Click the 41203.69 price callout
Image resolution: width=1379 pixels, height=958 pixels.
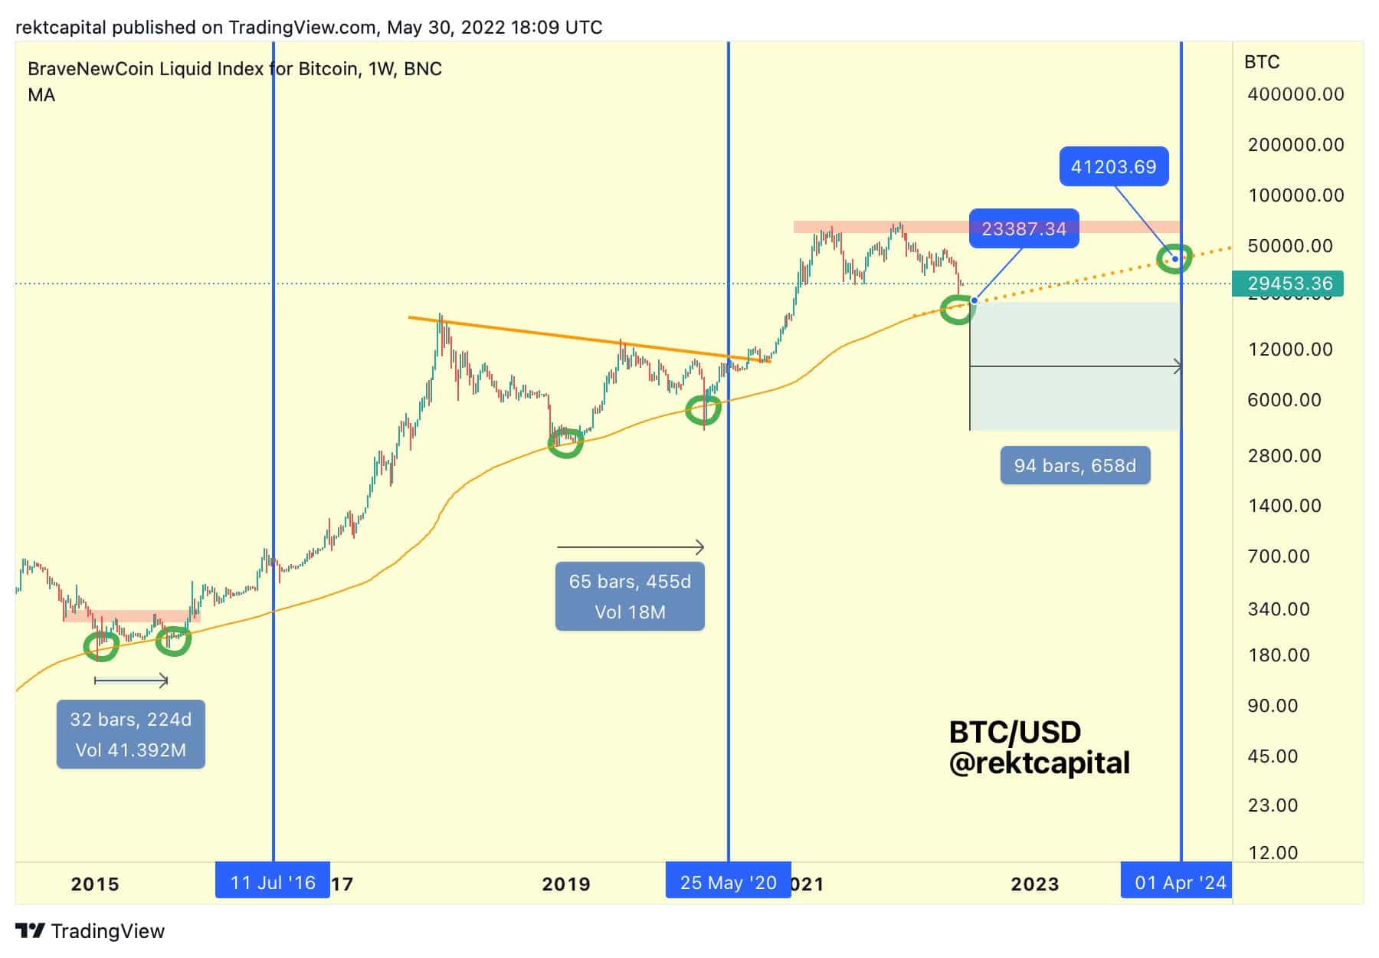1113,166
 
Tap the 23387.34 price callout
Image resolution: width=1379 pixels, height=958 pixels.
1024,228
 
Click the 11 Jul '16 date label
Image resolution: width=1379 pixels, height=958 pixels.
273,883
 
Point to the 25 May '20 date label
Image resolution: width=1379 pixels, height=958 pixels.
728,883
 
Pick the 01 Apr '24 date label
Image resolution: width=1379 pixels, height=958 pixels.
1180,883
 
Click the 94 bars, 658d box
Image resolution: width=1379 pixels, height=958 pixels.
1075,465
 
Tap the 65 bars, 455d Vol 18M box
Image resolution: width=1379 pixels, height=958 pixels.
630,596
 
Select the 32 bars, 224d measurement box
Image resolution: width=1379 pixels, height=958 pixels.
131,734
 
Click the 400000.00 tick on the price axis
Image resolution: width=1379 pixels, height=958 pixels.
1295,94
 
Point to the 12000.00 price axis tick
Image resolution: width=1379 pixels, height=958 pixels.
1290,349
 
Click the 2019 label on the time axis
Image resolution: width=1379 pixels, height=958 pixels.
566,884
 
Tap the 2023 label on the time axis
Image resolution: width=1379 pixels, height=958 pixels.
1034,884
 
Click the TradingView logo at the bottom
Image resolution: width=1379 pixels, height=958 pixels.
90,931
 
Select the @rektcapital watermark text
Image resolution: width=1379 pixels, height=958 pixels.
1039,763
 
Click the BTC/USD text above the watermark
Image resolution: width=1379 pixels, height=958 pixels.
1014,733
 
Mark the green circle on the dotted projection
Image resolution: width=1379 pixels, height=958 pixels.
1174,258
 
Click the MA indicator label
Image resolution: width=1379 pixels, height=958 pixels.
41,95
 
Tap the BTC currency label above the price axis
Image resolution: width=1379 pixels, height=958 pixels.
1262,62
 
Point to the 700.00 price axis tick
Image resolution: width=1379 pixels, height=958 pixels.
1279,556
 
